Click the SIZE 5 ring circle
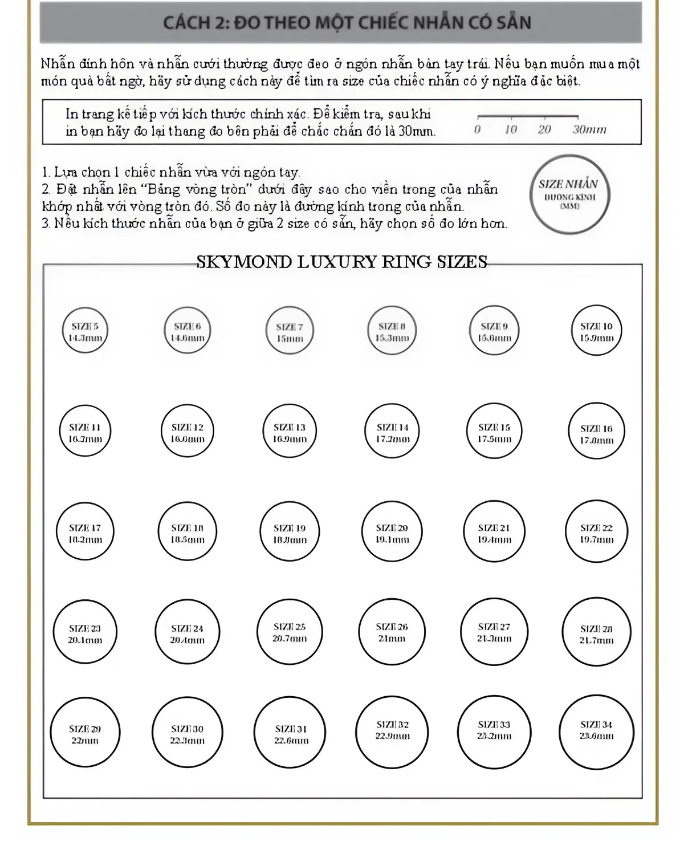click(85, 331)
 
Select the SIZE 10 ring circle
click(596, 331)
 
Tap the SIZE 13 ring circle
click(290, 432)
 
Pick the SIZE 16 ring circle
click(596, 433)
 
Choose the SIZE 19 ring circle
click(290, 533)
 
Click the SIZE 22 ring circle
click(596, 533)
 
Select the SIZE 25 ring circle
click(290, 633)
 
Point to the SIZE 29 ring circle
click(85, 734)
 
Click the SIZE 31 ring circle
click(291, 734)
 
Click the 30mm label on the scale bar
click(589, 129)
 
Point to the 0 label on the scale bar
click(477, 129)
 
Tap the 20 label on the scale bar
click(544, 129)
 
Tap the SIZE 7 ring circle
click(290, 332)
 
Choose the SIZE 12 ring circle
click(188, 432)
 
